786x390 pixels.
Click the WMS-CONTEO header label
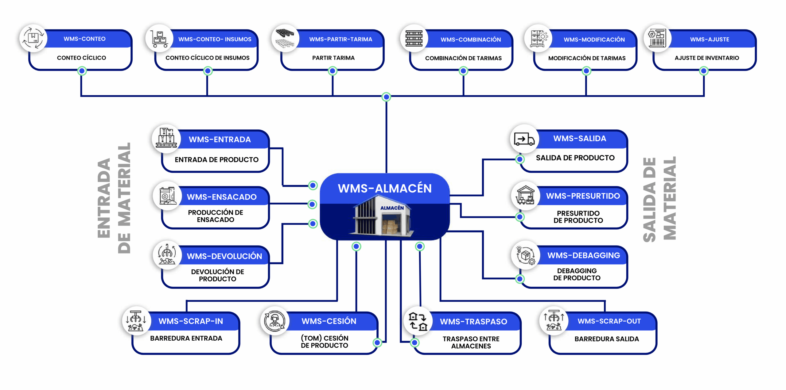click(x=84, y=39)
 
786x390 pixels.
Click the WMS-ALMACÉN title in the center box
click(x=385, y=188)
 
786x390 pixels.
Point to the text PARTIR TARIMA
click(x=333, y=58)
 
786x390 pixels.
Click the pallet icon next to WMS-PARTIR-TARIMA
click(x=285, y=38)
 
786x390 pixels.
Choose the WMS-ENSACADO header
click(x=222, y=197)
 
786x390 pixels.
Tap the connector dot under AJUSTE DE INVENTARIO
click(x=703, y=71)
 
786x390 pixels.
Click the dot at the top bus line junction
click(x=386, y=97)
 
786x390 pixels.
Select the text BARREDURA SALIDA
click(x=606, y=339)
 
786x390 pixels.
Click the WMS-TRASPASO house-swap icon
click(x=418, y=321)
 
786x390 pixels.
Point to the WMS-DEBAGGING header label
click(x=583, y=255)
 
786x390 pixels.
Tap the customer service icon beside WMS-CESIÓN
click(x=274, y=321)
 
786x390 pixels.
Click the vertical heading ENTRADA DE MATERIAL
click(x=114, y=198)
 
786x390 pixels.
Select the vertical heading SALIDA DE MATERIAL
click(x=660, y=199)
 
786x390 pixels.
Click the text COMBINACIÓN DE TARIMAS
click(x=463, y=58)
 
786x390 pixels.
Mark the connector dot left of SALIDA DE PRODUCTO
click(x=519, y=159)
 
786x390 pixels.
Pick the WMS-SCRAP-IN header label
click(x=191, y=321)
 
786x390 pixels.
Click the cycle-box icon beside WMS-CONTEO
click(x=33, y=38)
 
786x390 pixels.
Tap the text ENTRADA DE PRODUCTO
click(x=216, y=159)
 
